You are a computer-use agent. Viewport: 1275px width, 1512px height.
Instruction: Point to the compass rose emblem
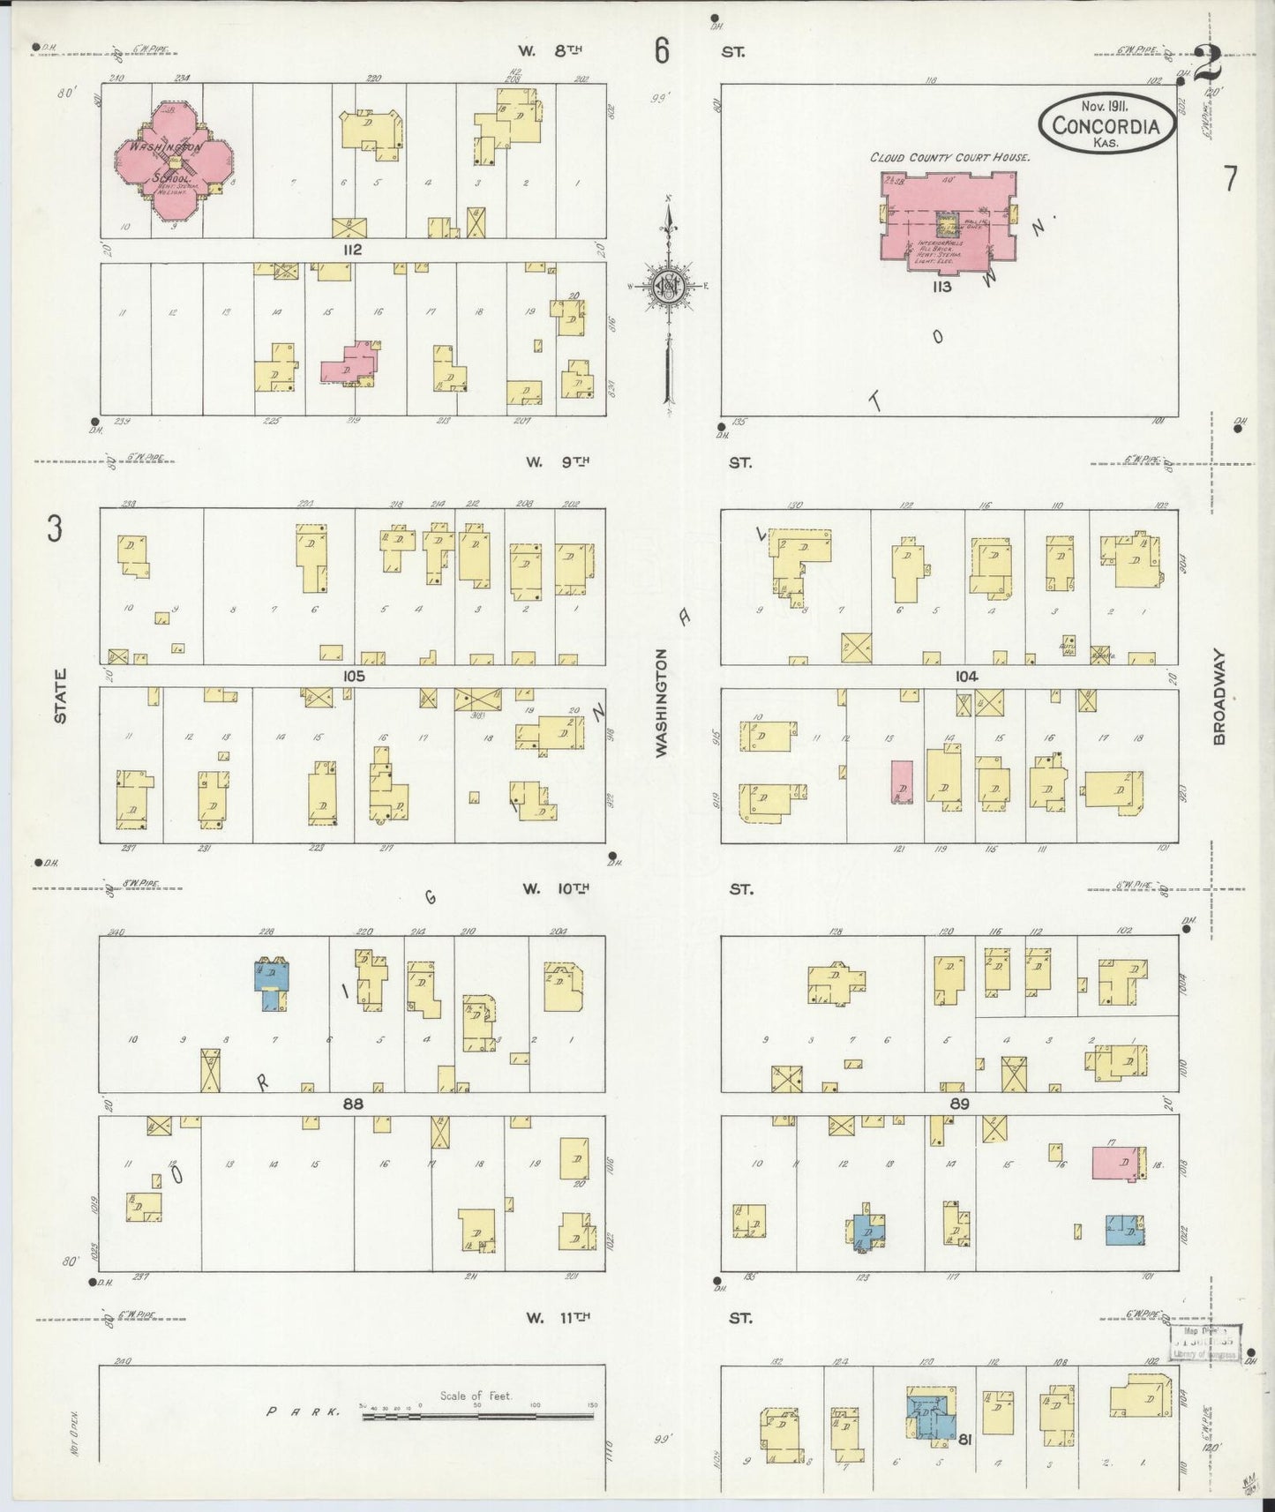tap(669, 287)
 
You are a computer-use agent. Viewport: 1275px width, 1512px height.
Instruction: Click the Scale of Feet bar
tap(476, 1412)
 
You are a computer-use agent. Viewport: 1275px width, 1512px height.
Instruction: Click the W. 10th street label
tap(554, 889)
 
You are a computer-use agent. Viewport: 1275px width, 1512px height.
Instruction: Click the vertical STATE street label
tap(60, 696)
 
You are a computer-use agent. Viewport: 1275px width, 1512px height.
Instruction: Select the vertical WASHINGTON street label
tap(662, 702)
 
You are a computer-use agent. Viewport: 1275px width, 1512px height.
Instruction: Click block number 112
tap(353, 250)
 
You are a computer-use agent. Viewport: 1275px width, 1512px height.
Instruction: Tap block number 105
tap(354, 677)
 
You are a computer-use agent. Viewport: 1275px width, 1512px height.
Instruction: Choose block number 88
tap(353, 1104)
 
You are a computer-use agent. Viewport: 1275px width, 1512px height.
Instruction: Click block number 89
tap(959, 1104)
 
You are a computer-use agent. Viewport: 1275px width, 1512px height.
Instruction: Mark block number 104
tap(965, 677)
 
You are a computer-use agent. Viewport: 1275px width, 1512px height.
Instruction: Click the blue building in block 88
tap(273, 984)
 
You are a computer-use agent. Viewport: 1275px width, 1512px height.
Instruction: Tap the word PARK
tap(304, 1412)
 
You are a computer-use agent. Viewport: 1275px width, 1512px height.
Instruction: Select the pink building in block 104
tap(901, 782)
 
